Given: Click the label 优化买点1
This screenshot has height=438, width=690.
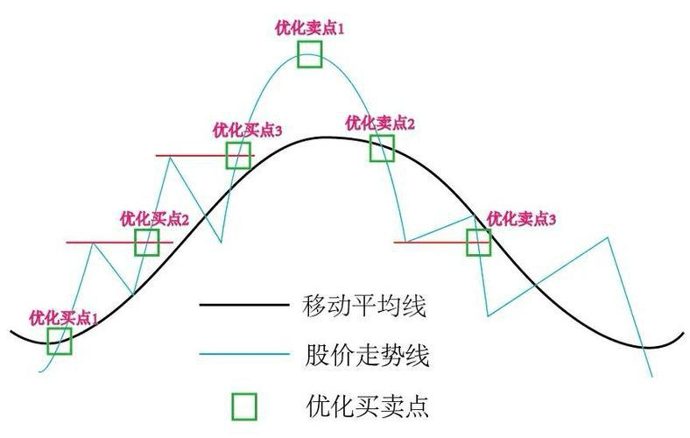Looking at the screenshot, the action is coord(64,316).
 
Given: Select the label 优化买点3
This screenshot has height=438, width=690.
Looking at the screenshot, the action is coord(247,130).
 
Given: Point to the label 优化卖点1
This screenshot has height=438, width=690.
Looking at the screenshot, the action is coord(309,27).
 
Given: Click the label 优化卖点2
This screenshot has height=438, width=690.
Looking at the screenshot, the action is coord(380,123).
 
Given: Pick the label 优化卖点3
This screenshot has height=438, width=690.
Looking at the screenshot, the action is coord(521,217).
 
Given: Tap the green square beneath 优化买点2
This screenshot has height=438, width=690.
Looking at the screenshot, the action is coord(147,242).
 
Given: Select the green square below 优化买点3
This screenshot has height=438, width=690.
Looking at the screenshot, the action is coord(238,155).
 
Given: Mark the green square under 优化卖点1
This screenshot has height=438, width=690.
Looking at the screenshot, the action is coord(309,54).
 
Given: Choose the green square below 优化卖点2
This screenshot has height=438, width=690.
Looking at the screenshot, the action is coord(382,148).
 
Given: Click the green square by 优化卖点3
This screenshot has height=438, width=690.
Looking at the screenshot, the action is coord(478,242).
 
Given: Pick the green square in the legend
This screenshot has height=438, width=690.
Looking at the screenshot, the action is coord(244,406).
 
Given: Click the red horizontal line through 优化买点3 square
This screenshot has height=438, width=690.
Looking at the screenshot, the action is coord(188,155).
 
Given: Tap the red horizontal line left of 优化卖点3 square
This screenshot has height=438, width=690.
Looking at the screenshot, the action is coord(429,242).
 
